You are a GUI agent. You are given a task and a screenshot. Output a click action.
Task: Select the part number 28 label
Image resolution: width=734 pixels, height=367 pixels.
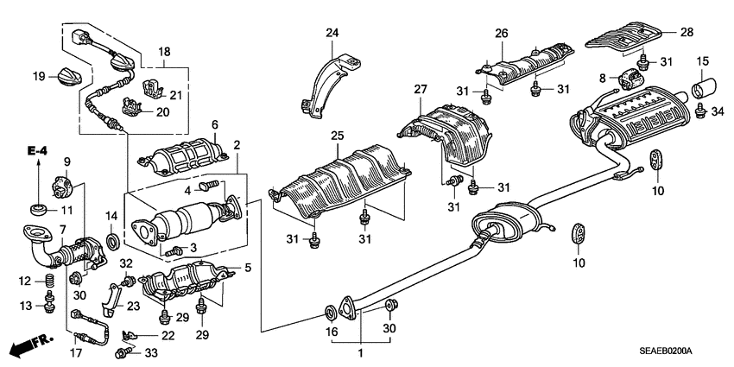[x=687, y=32]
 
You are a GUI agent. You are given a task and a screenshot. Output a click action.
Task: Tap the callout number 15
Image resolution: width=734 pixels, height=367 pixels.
[x=702, y=60]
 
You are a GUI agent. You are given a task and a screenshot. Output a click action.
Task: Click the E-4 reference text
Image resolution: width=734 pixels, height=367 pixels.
[x=36, y=151]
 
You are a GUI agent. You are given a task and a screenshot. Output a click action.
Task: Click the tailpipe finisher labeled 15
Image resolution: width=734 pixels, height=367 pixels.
[x=703, y=89]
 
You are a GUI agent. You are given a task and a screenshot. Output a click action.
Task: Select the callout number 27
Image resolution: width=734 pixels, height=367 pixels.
[x=421, y=89]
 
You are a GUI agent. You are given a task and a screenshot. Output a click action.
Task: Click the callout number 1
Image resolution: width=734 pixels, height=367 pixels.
[x=361, y=353]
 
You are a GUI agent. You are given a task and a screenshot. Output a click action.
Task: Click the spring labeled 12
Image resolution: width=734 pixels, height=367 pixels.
[x=49, y=281]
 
